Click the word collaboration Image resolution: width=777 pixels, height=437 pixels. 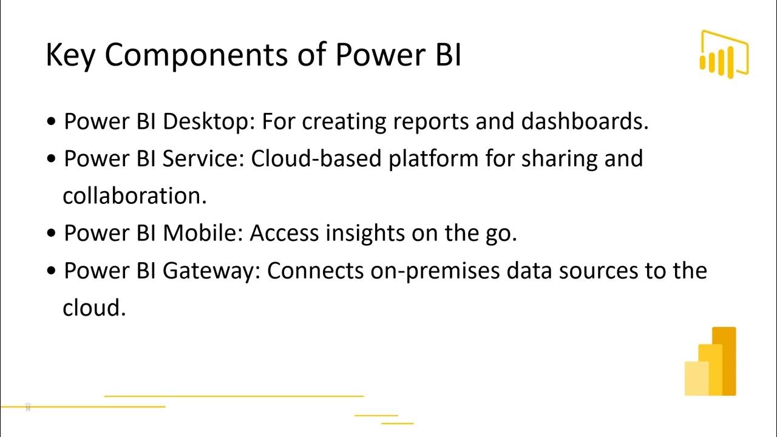coord(135,196)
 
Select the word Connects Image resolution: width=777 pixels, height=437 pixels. coord(315,271)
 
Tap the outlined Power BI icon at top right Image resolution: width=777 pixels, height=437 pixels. coord(724,53)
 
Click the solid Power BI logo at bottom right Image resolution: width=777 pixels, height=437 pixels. coord(710,362)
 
